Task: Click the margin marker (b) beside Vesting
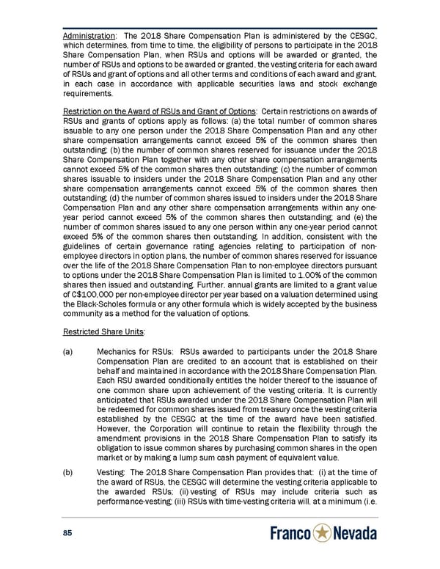point(69,474)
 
